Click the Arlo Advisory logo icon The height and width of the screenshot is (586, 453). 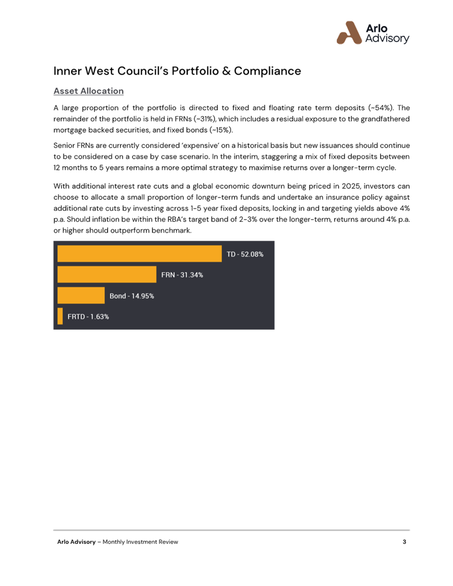[349, 32]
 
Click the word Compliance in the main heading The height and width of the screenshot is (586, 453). [267, 71]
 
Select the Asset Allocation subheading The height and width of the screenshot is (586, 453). [88, 91]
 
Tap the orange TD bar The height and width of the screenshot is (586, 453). [139, 254]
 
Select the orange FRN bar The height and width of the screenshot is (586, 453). [107, 275]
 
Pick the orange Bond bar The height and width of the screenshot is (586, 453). [81, 296]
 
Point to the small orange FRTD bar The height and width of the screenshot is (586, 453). [60, 316]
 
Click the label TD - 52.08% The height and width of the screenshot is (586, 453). [245, 254]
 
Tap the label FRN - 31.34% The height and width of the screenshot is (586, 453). [182, 275]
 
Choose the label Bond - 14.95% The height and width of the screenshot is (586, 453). [132, 296]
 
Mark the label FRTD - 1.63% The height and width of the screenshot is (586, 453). [88, 316]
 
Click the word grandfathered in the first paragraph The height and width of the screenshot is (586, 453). [384, 119]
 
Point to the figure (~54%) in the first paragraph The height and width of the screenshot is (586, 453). [381, 108]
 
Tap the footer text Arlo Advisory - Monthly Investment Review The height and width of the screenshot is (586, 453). [117, 542]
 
